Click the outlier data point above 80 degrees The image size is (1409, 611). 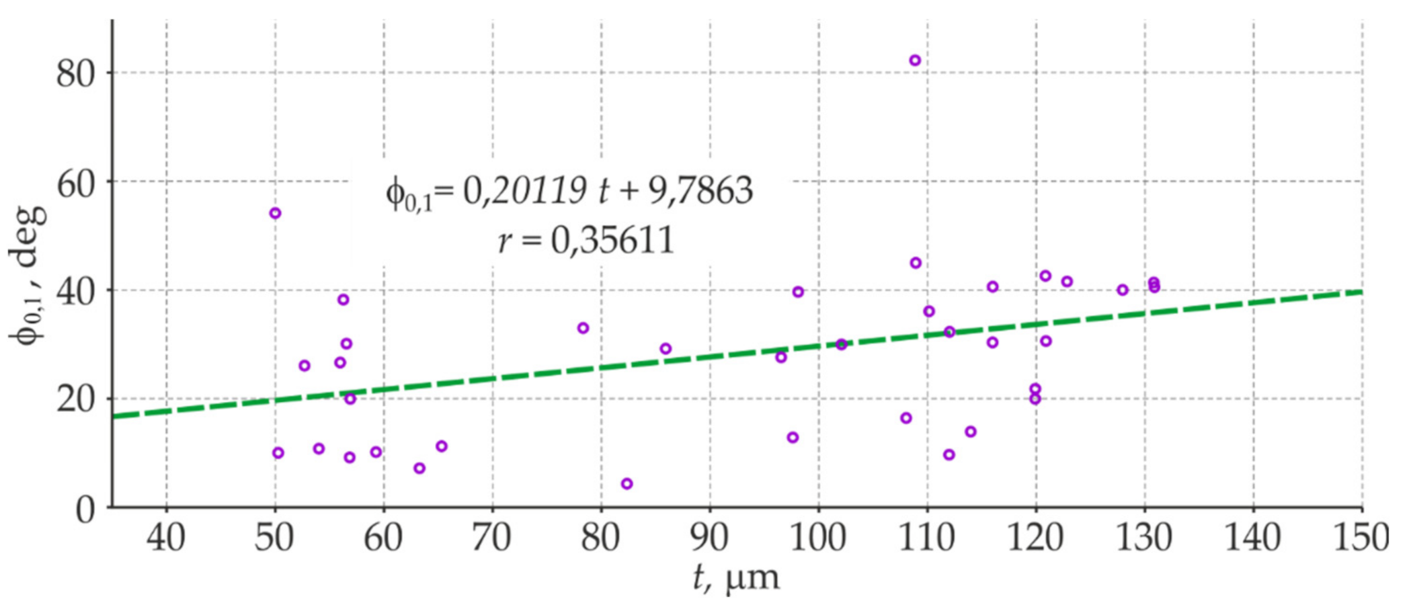[915, 60]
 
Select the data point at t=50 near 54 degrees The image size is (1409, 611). [275, 213]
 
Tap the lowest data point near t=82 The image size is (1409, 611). [627, 483]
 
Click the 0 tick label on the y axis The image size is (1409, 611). [85, 510]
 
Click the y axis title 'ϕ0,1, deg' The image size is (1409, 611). [28, 276]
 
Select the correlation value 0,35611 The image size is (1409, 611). [612, 240]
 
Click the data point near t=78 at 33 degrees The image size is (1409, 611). [583, 328]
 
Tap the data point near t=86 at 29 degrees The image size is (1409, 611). [666, 348]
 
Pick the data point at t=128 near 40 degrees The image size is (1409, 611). [1123, 290]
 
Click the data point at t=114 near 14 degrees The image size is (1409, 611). [971, 432]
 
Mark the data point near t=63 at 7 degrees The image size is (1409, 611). [419, 468]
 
